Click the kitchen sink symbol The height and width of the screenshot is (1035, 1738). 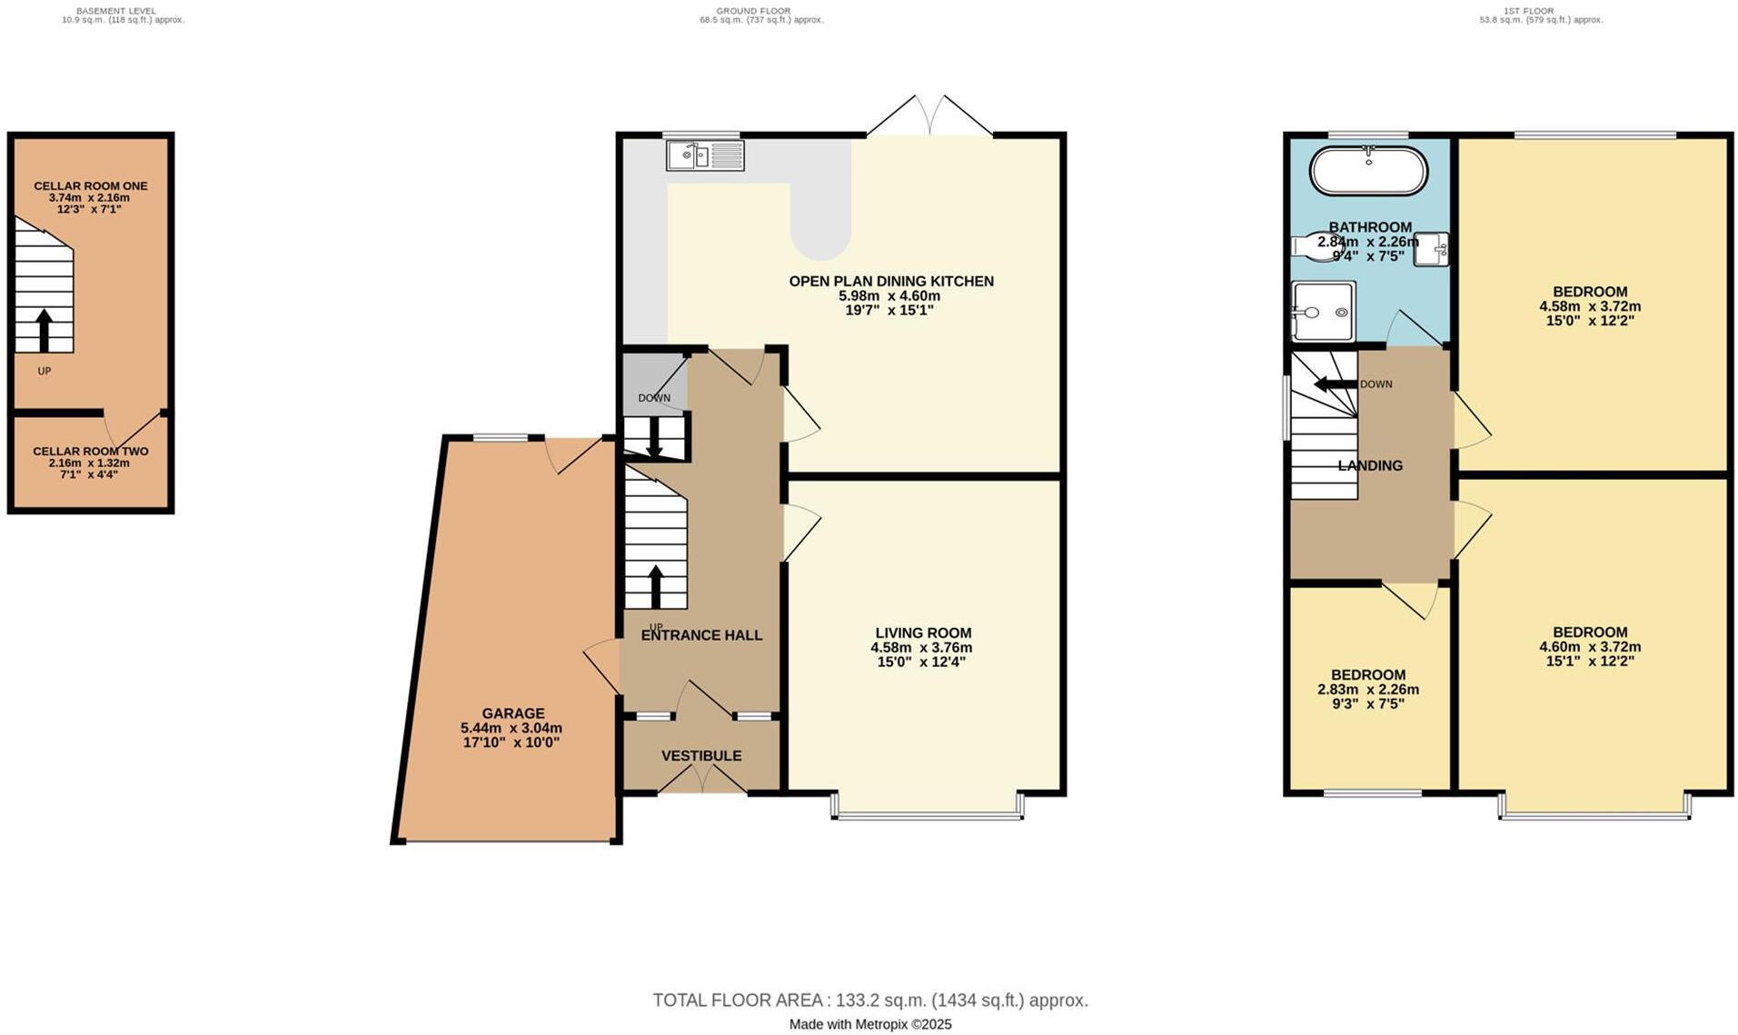705,155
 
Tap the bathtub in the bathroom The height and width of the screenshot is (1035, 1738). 1368,171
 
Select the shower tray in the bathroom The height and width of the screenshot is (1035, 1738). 1323,312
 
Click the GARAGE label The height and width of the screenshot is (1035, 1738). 513,713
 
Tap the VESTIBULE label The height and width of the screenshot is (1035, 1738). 701,755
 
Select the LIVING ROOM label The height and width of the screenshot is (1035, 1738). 923,632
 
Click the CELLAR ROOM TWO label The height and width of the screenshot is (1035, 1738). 90,451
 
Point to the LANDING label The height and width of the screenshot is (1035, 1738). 1370,465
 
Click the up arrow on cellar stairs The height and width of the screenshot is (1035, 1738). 43,330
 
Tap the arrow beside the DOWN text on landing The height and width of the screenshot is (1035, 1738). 1335,383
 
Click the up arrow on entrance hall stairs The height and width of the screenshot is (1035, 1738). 655,586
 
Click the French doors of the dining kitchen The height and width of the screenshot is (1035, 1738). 929,116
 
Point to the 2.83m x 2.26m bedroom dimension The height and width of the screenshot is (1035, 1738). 1368,689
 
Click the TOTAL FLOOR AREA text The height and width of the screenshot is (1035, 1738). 869,1000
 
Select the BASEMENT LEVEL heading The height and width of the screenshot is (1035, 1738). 115,11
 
